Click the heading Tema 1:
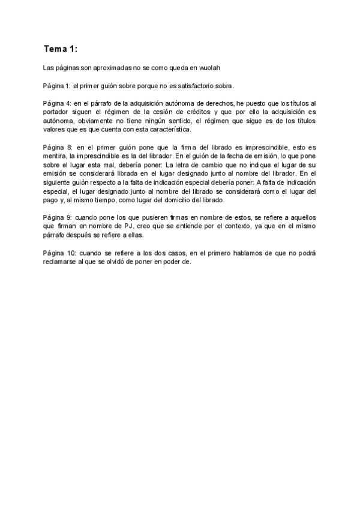61,48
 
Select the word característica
167,129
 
